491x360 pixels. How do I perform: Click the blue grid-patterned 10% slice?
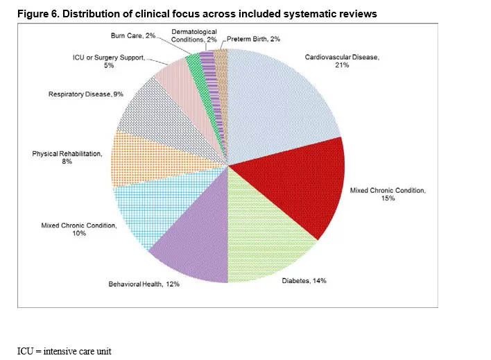coord(146,208)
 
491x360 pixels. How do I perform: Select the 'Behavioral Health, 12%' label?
coord(144,284)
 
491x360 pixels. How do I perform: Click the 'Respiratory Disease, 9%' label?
coord(86,94)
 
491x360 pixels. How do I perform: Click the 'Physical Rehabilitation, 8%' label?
coord(67,157)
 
